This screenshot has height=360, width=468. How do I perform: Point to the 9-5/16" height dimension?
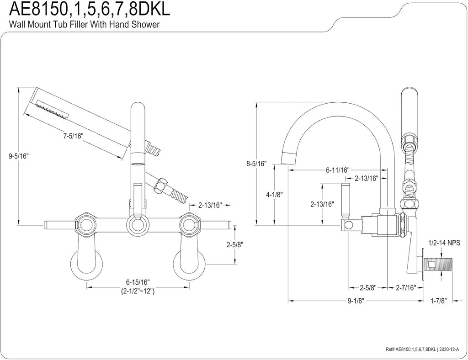(19, 156)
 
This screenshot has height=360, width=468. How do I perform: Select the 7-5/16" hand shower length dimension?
(73, 136)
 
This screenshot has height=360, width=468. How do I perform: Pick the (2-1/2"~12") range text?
(138, 291)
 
